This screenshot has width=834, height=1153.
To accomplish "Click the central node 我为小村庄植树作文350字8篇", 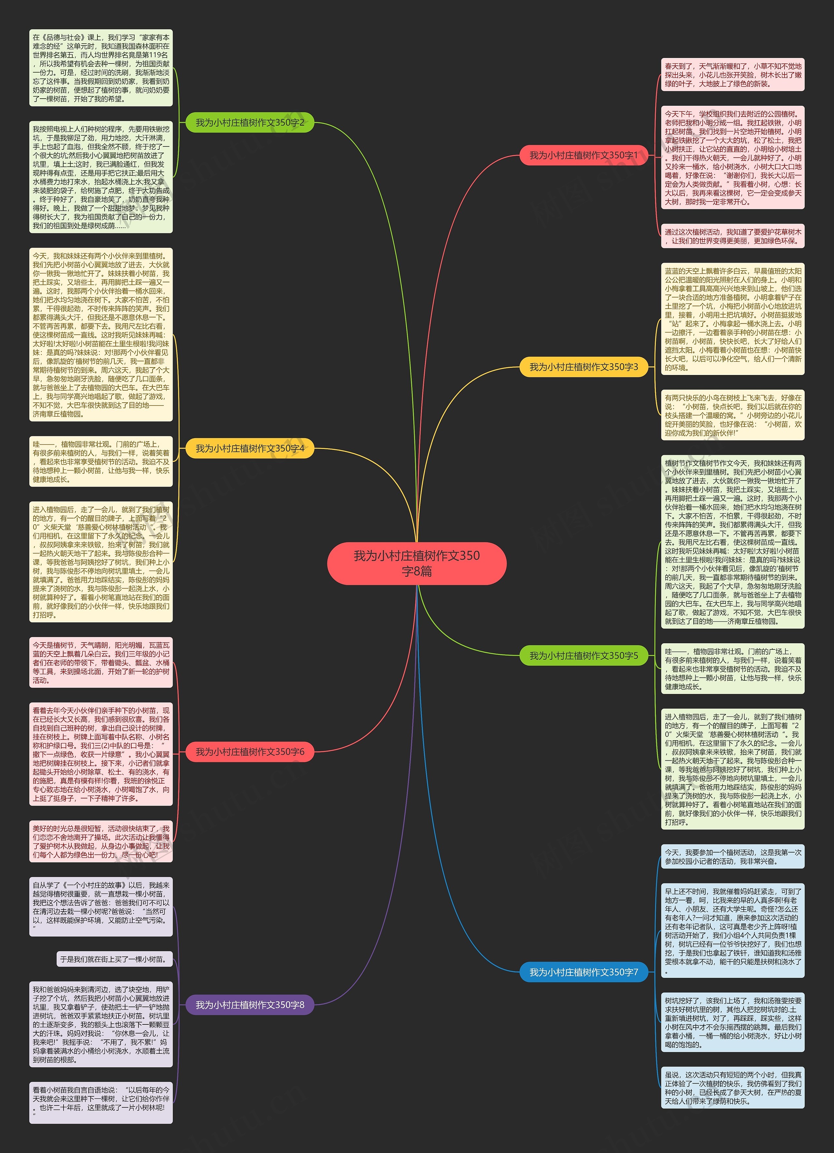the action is [417, 563].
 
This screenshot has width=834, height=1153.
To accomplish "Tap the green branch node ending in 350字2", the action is [250, 122].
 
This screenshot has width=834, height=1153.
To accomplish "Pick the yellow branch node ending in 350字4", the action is [250, 448].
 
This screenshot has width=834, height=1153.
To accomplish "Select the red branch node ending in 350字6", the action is [250, 751].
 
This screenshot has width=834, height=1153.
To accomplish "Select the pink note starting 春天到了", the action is [732, 75].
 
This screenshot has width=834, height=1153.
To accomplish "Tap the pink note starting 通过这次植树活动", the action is [732, 236].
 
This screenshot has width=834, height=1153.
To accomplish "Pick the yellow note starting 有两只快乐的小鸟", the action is [732, 415].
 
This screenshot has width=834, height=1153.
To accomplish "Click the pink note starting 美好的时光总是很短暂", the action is [101, 841].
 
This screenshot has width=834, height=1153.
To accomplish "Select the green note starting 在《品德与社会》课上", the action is [101, 68].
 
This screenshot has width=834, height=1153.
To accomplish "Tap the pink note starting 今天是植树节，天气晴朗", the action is [101, 662].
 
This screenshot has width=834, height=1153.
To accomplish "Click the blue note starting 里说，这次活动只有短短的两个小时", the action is [732, 1088].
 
